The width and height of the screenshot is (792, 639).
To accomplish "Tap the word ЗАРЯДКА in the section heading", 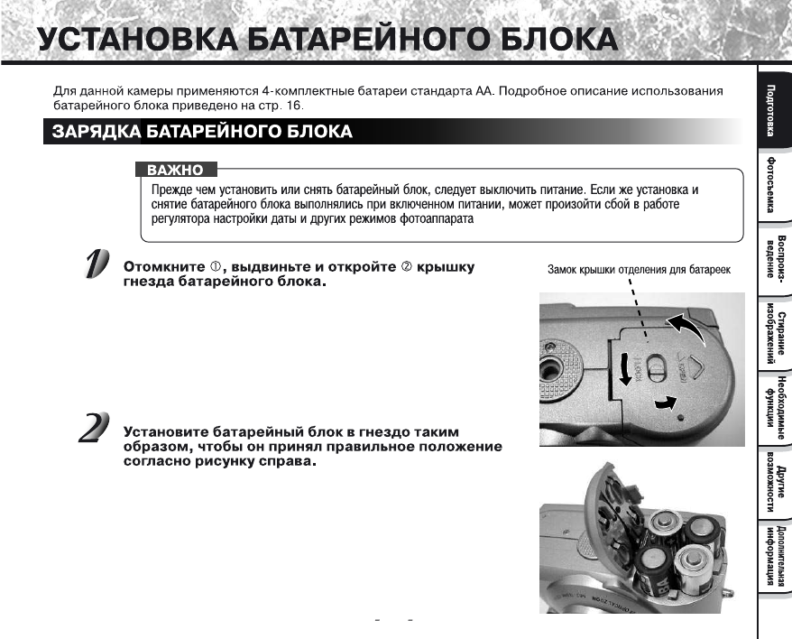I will pyautogui.click(x=94, y=132).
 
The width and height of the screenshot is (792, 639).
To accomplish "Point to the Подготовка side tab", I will pyautogui.click(x=772, y=107).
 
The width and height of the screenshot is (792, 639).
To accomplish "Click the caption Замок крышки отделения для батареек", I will pyautogui.click(x=639, y=270).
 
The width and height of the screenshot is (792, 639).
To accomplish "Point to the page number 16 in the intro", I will pyautogui.click(x=295, y=106).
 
